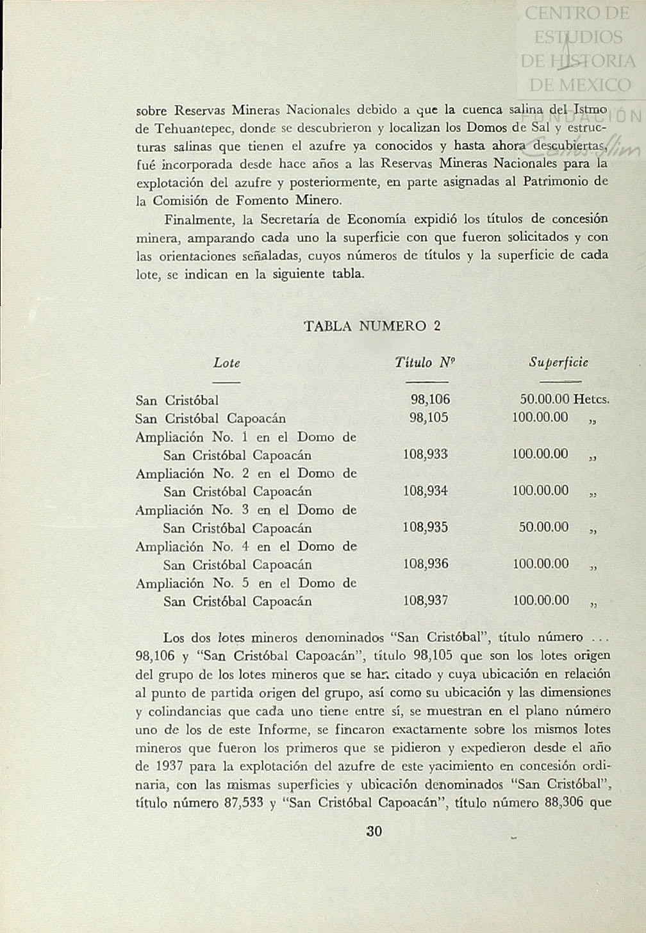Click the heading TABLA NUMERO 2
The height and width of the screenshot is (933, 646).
click(372, 326)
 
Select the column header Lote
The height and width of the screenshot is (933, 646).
click(226, 363)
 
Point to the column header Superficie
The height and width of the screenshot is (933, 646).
click(558, 363)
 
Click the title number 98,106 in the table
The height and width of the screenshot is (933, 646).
click(430, 400)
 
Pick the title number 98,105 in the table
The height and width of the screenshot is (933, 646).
click(429, 418)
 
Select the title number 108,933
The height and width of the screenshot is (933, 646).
click(426, 455)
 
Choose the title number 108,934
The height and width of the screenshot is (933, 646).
click(426, 491)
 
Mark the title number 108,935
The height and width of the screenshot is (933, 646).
click(426, 528)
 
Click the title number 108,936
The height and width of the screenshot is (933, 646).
click(426, 565)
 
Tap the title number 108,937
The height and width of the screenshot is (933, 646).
click(426, 601)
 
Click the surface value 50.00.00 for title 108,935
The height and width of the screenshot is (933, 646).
click(543, 528)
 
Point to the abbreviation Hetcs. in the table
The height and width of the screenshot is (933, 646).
click(591, 400)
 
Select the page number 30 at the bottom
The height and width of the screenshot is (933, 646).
click(374, 832)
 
